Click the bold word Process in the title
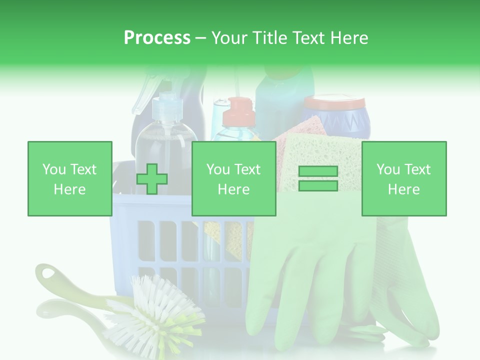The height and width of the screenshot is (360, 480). pyautogui.click(x=157, y=37)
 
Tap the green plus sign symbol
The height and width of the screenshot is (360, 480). pyautogui.click(x=152, y=179)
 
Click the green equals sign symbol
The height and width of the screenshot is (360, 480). pyautogui.click(x=318, y=178)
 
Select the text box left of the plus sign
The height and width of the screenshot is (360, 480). pyautogui.click(x=70, y=178)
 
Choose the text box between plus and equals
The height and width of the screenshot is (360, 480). pyautogui.click(x=233, y=178)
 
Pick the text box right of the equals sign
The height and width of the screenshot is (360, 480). pyautogui.click(x=403, y=178)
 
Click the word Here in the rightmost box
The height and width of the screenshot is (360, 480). pyautogui.click(x=403, y=189)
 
